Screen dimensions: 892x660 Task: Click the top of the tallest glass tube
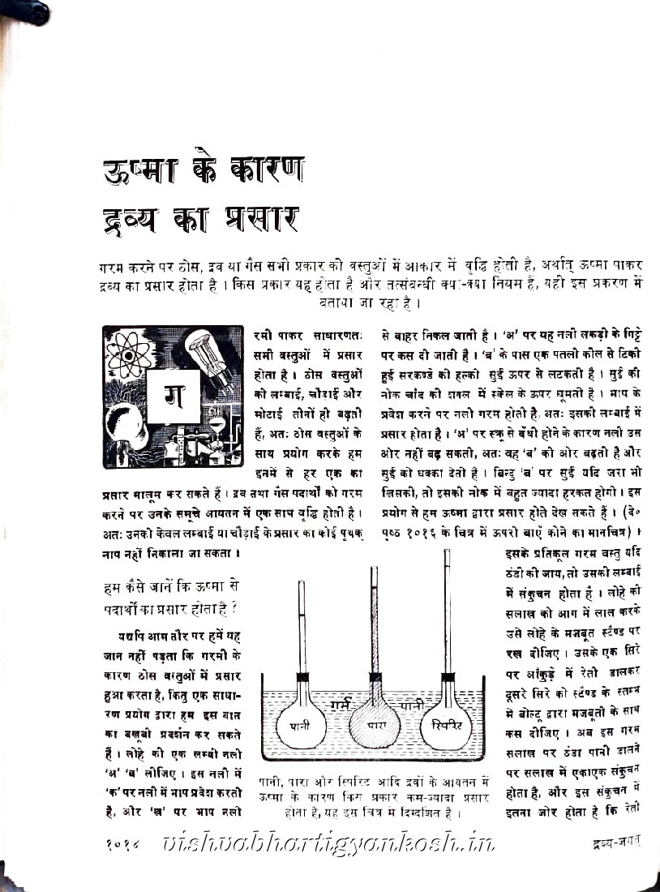(446, 553)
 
